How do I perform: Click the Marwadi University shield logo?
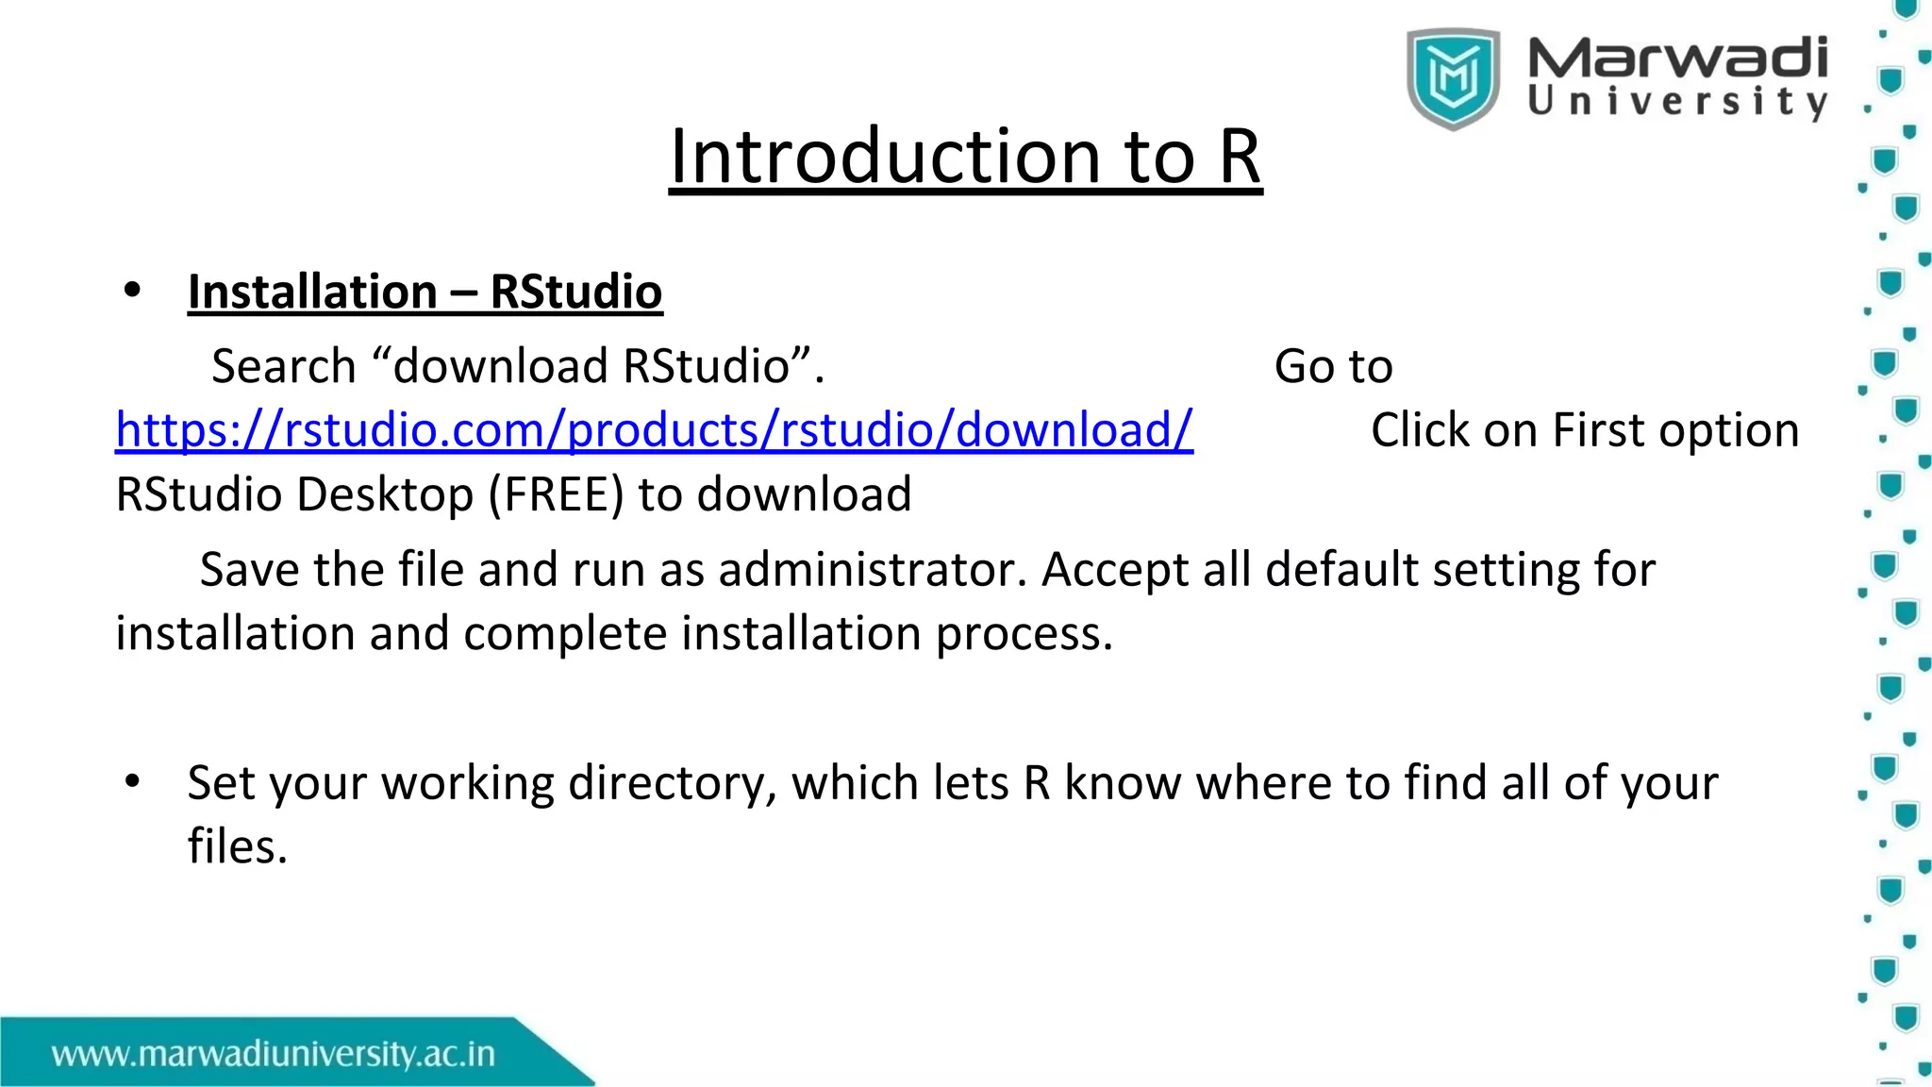click(1453, 78)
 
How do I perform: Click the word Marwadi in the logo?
click(1677, 59)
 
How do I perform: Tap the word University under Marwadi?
click(1677, 102)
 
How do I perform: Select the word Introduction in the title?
click(885, 157)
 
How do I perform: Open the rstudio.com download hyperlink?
click(654, 430)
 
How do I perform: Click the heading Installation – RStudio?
click(425, 292)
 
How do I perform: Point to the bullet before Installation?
click(132, 291)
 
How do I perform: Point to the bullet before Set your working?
click(132, 781)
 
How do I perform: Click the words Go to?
click(1332, 366)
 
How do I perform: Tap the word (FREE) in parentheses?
click(556, 494)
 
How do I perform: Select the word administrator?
click(873, 570)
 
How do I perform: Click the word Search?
click(283, 366)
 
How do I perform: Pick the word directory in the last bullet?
click(672, 783)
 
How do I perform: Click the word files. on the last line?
click(237, 846)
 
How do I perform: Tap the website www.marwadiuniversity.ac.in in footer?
click(274, 1053)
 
